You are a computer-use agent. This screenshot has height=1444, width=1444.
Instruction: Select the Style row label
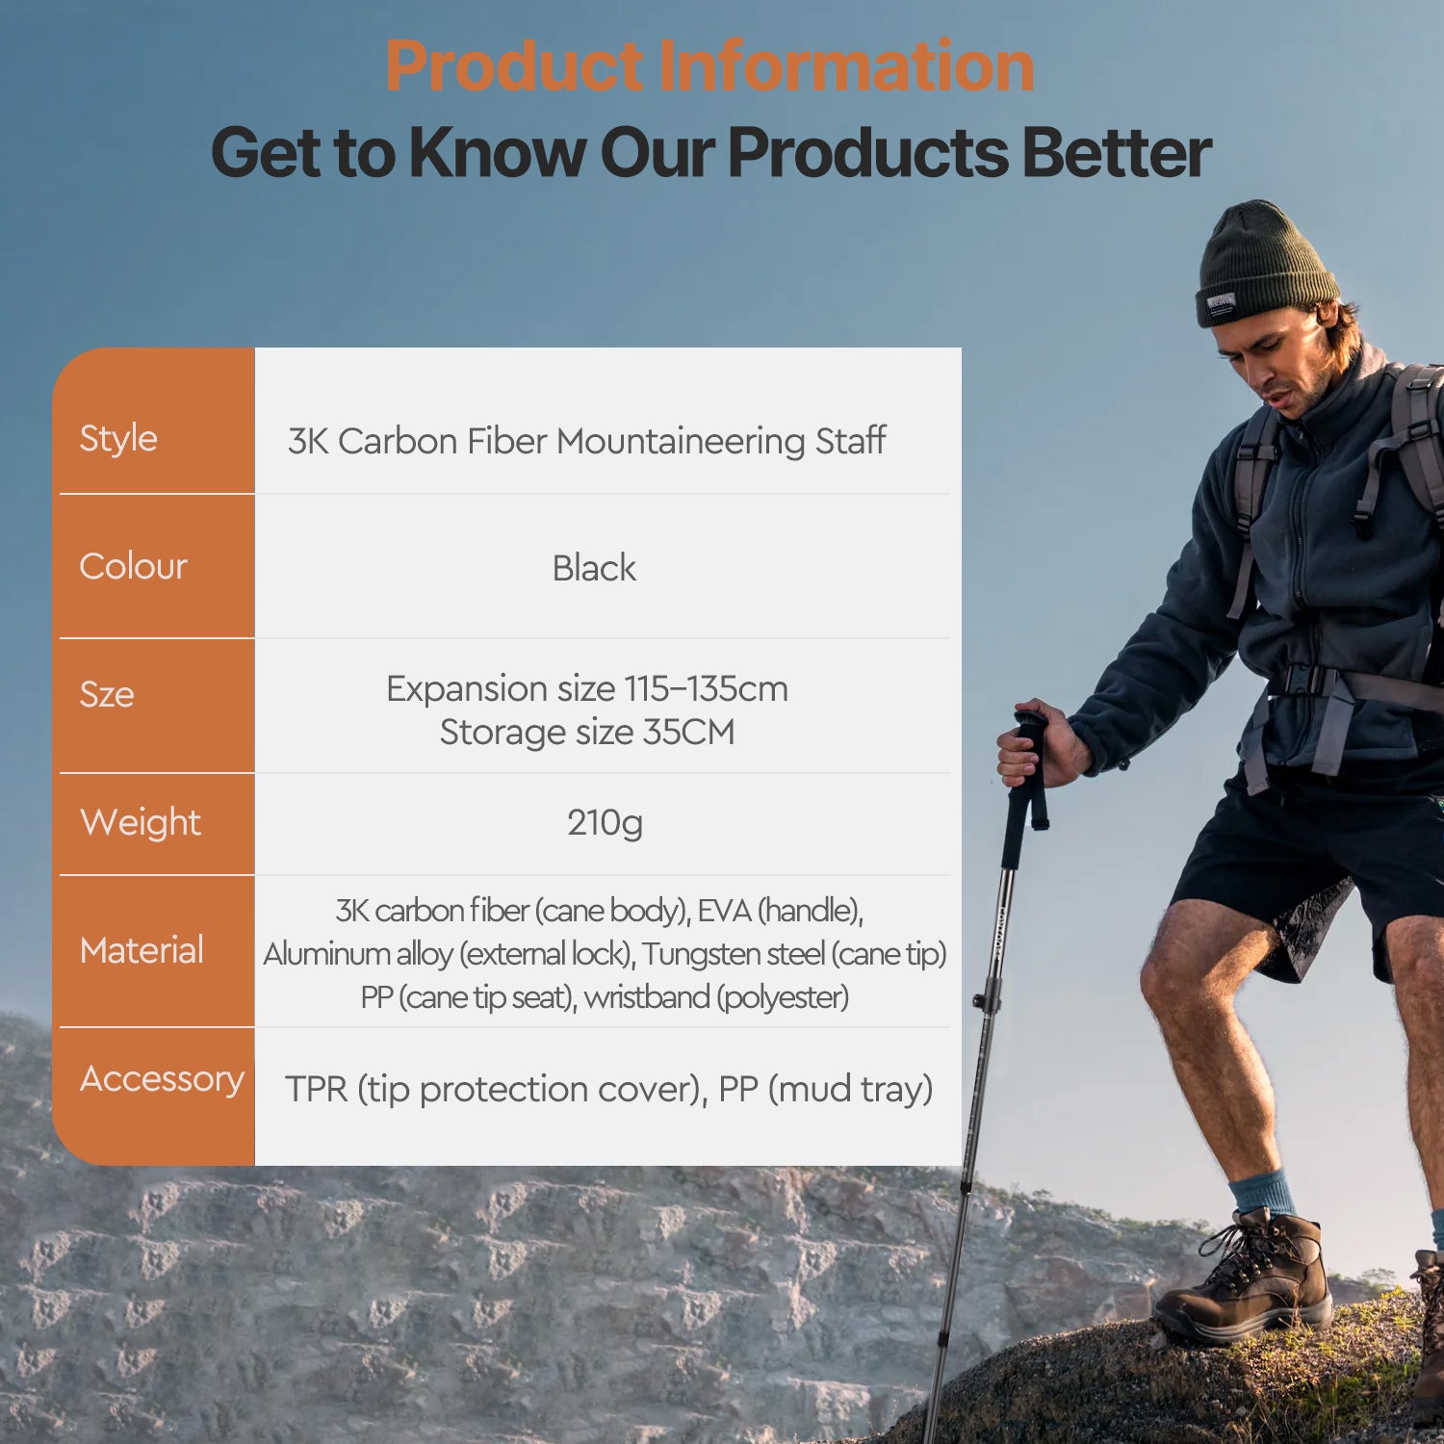118,438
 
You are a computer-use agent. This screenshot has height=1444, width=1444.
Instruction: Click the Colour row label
133,566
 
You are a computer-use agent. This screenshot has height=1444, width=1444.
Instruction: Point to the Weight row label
141,822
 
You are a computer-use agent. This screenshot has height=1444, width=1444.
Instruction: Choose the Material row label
142,950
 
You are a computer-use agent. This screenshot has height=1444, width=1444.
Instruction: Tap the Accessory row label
162,1078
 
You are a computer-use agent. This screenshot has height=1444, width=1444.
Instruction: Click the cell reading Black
594,568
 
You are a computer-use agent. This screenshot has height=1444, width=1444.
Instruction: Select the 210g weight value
605,822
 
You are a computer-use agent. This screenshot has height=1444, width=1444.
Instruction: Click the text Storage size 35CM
587,732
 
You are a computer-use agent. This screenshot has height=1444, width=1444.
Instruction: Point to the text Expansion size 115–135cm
587,688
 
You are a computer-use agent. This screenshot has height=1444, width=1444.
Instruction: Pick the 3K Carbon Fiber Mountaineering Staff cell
586,441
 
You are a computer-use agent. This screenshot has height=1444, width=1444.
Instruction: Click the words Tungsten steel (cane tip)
794,953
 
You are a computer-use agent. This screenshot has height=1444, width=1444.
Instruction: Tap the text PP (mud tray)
825,1089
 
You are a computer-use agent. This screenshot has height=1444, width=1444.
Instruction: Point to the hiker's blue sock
1263,1194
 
